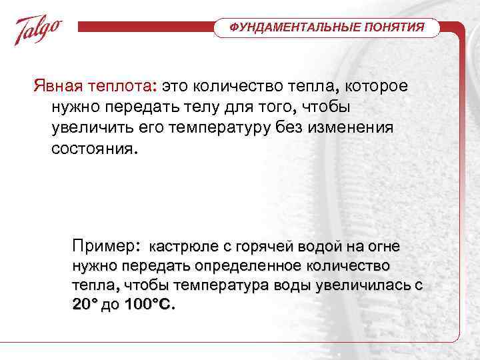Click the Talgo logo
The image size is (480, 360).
[x=39, y=30]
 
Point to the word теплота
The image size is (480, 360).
[x=123, y=87]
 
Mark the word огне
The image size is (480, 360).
[x=384, y=247]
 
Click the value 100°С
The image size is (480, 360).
[x=149, y=305]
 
